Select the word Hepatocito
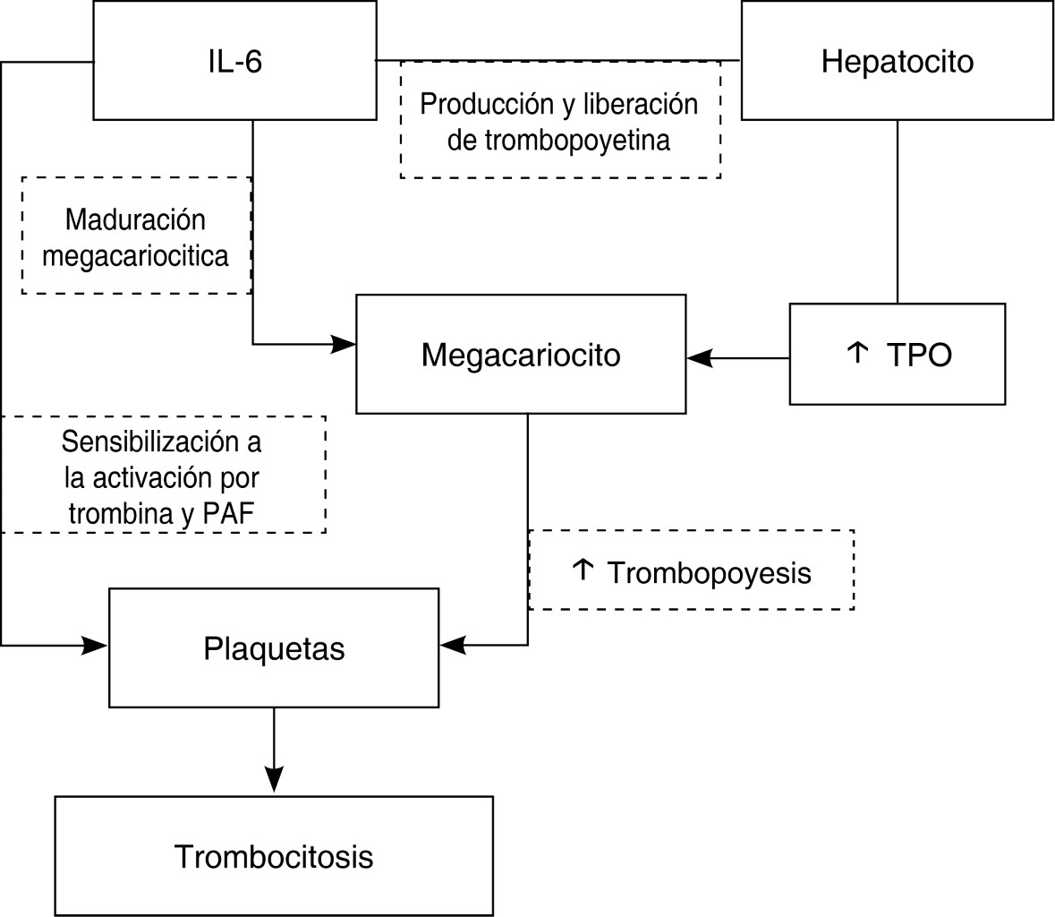(x=897, y=62)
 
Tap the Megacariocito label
(x=521, y=356)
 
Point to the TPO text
(x=919, y=356)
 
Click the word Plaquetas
(x=274, y=648)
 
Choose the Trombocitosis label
(x=274, y=856)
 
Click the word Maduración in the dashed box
(x=135, y=219)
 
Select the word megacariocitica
(x=135, y=256)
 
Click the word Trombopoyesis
(x=709, y=572)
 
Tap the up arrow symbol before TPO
(x=856, y=353)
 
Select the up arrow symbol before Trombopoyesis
(x=583, y=570)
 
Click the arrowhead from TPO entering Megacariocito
(x=699, y=358)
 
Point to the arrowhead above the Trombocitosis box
(x=274, y=779)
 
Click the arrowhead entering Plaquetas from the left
(x=96, y=645)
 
